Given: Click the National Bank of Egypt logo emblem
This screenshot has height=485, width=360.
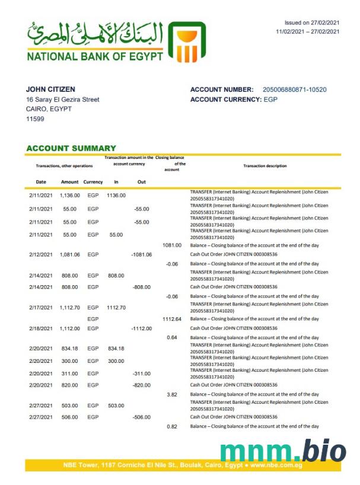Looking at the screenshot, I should tap(187, 42).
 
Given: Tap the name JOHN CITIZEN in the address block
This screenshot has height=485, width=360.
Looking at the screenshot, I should tap(50, 90).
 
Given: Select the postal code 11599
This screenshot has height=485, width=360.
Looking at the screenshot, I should tap(35, 119).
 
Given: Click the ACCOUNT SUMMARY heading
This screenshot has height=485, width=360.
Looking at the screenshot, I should tap(71, 148).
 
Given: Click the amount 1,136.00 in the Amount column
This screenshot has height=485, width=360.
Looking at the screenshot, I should tap(69, 195).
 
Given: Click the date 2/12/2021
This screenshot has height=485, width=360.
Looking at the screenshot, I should tap(40, 254).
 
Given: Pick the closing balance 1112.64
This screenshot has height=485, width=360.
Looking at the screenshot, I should tap(171, 318).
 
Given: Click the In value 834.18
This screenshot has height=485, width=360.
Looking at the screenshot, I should tap(116, 348).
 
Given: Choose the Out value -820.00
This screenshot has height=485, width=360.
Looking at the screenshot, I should tap(141, 385).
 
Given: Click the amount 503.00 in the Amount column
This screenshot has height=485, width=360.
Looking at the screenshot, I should tap(69, 406).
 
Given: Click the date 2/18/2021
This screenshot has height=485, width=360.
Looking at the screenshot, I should tap(40, 328).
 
